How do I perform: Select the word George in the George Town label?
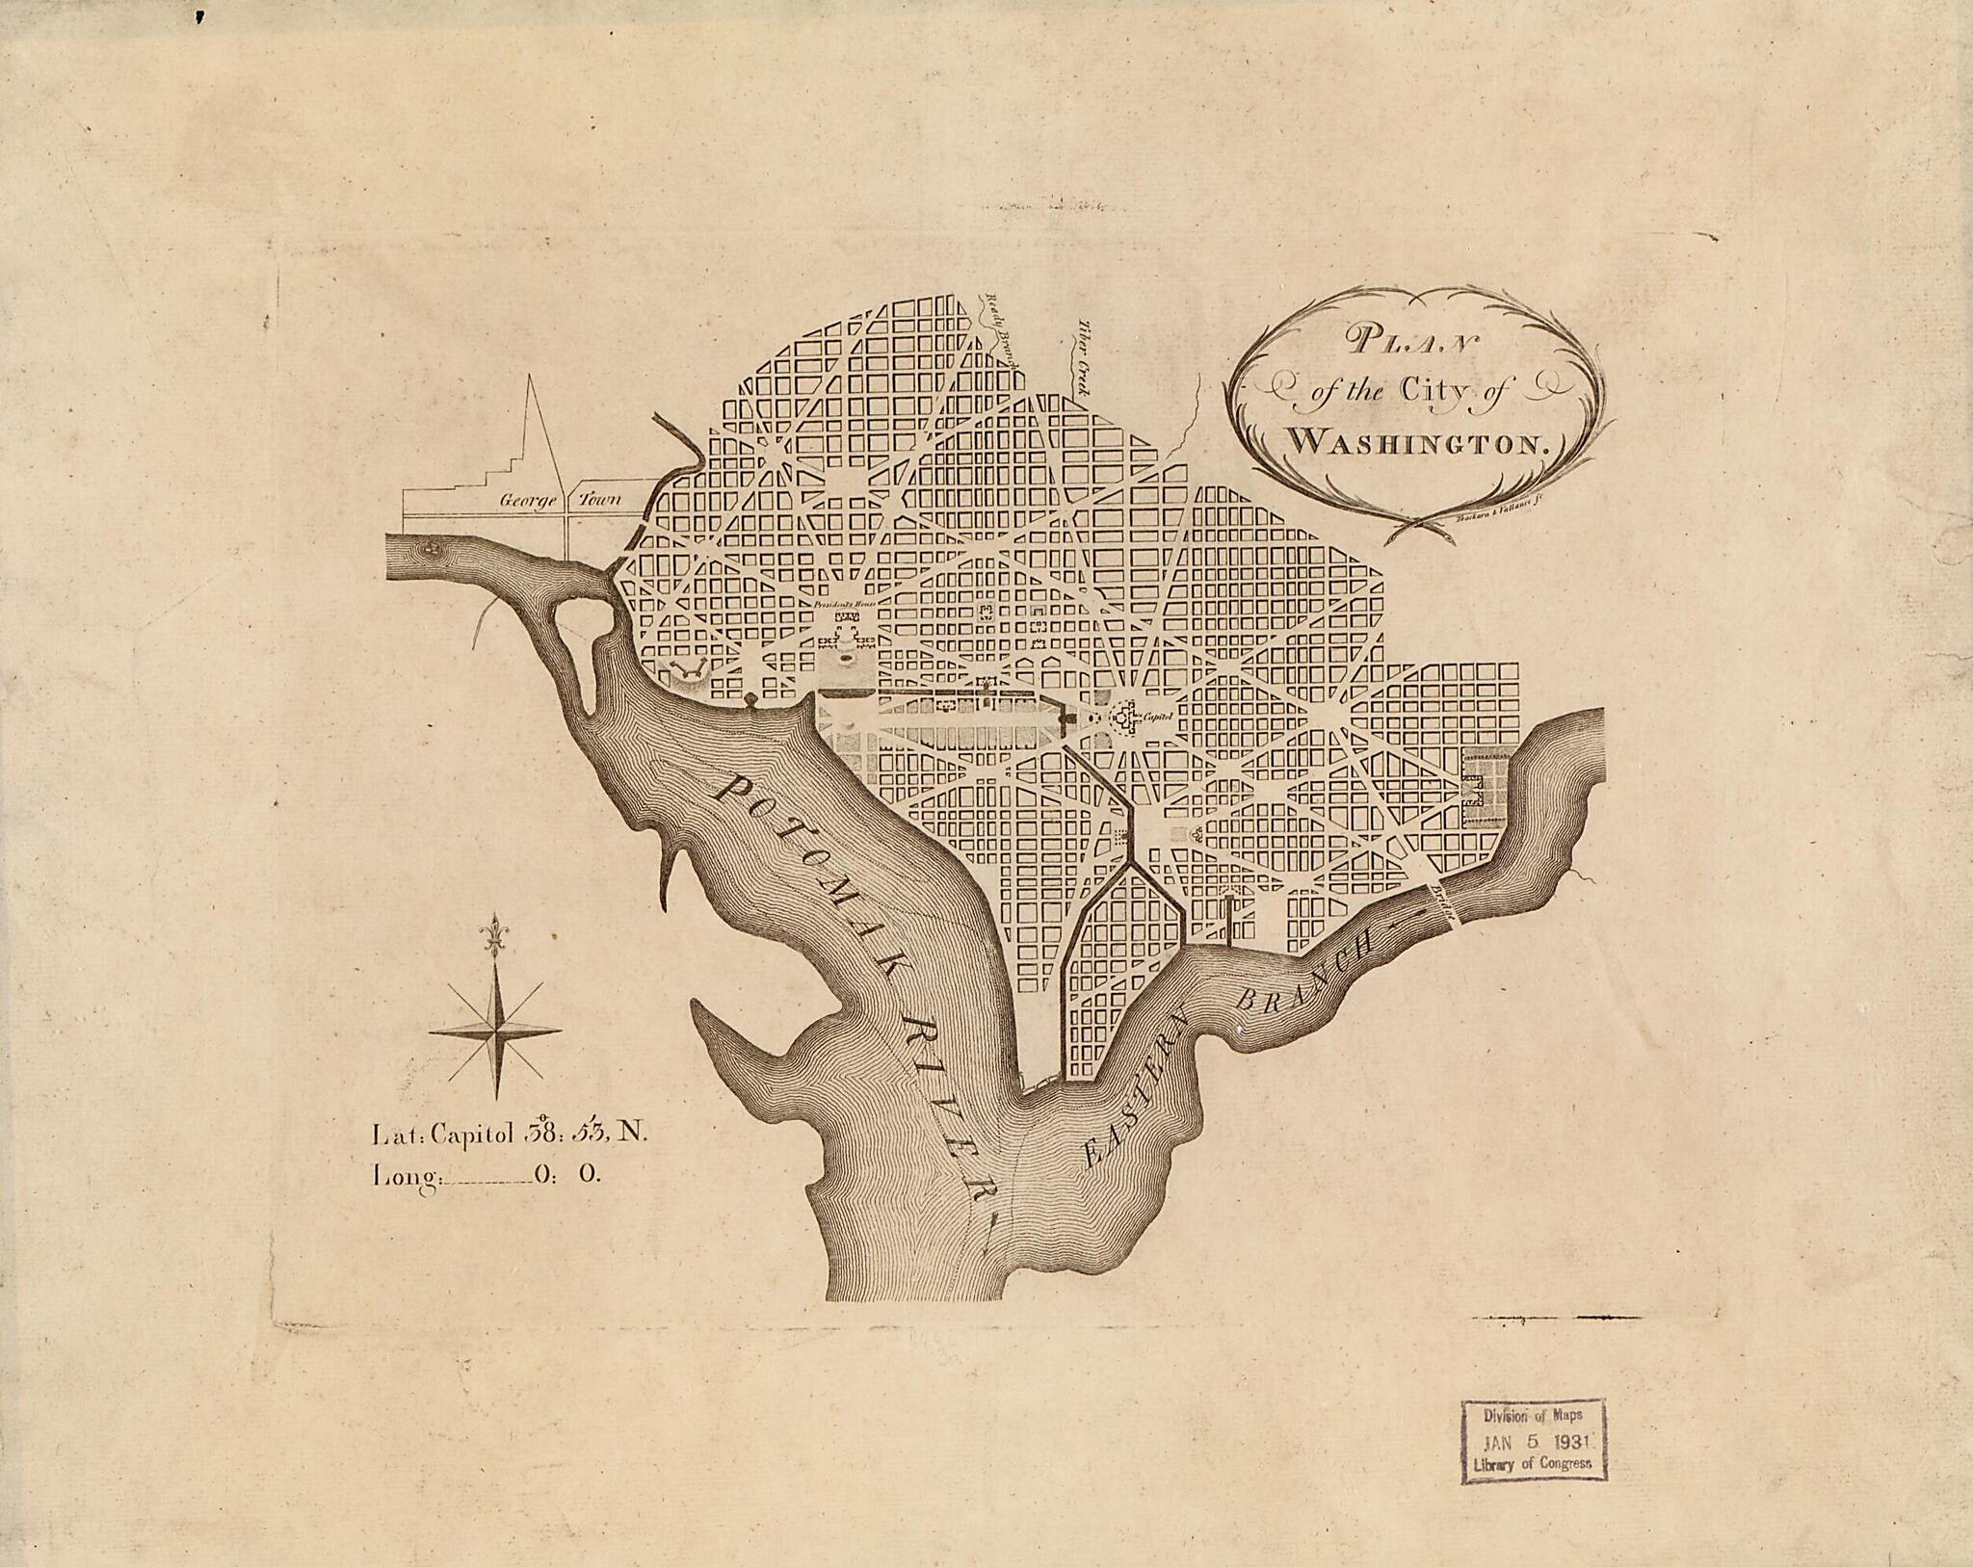pyautogui.click(x=523, y=501)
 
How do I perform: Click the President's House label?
pyautogui.click(x=841, y=604)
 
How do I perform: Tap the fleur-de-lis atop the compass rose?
pyautogui.click(x=496, y=938)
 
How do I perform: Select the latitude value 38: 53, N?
pyautogui.click(x=584, y=1133)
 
